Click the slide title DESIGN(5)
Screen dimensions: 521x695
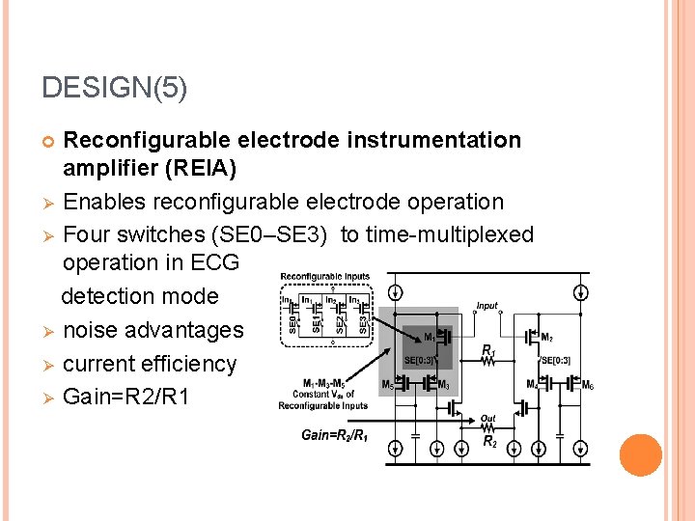(115, 88)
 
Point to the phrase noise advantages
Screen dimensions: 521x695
(153, 330)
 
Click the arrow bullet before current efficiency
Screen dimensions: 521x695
(49, 365)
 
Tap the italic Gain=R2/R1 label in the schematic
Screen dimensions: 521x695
(334, 435)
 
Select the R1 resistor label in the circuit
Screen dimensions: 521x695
(488, 352)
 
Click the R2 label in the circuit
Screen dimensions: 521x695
(490, 443)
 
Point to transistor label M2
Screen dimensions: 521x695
(547, 338)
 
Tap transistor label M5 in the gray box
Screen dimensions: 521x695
(387, 384)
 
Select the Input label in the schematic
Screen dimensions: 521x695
(487, 306)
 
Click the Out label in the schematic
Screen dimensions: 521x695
(487, 419)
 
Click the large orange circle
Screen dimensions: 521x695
(641, 455)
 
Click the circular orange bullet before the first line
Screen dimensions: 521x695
(49, 141)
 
